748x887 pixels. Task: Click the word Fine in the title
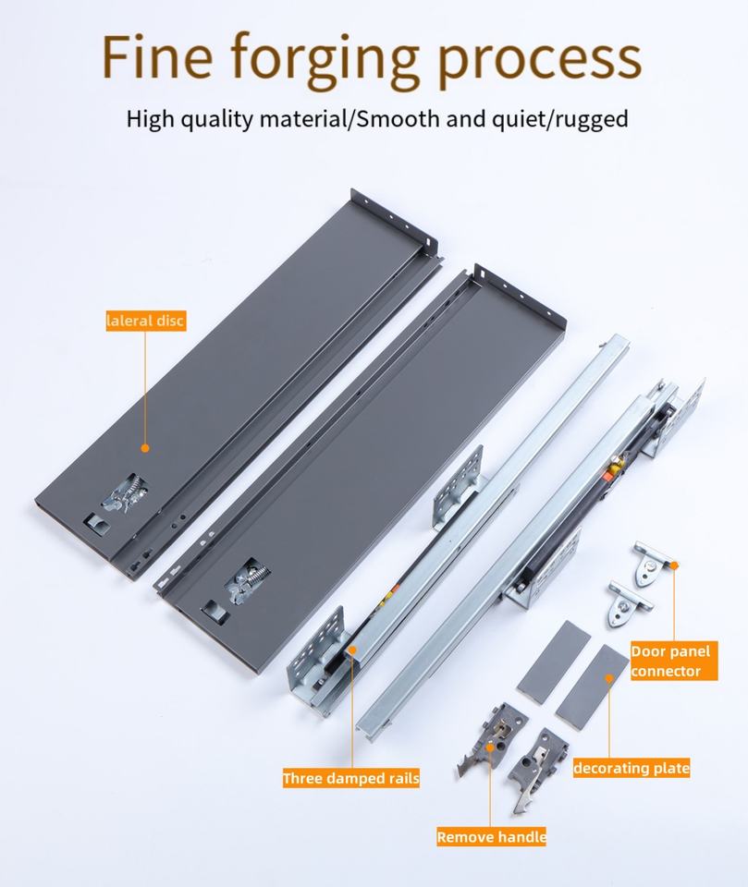pyautogui.click(x=157, y=57)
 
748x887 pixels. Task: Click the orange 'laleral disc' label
pyautogui.click(x=145, y=321)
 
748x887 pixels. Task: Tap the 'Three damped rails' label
pyautogui.click(x=351, y=778)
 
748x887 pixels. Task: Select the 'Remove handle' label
pyautogui.click(x=491, y=837)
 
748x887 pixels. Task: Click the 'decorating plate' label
pyautogui.click(x=632, y=768)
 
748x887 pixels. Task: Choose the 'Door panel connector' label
pyautogui.click(x=674, y=661)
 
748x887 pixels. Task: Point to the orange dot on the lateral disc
pyautogui.click(x=145, y=448)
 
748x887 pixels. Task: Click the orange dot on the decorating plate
pyautogui.click(x=609, y=678)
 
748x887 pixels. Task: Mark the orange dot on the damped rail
pyautogui.click(x=351, y=650)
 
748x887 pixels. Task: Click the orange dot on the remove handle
pyautogui.click(x=490, y=747)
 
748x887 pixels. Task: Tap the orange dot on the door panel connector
pyautogui.click(x=674, y=565)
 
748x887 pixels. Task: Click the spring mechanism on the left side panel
pyautogui.click(x=125, y=493)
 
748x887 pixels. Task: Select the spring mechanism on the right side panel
pyautogui.click(x=248, y=580)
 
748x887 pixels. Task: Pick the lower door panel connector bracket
pyautogui.click(x=629, y=604)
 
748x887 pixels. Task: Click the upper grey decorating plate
pyautogui.click(x=554, y=662)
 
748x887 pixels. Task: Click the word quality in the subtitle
pyautogui.click(x=216, y=120)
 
